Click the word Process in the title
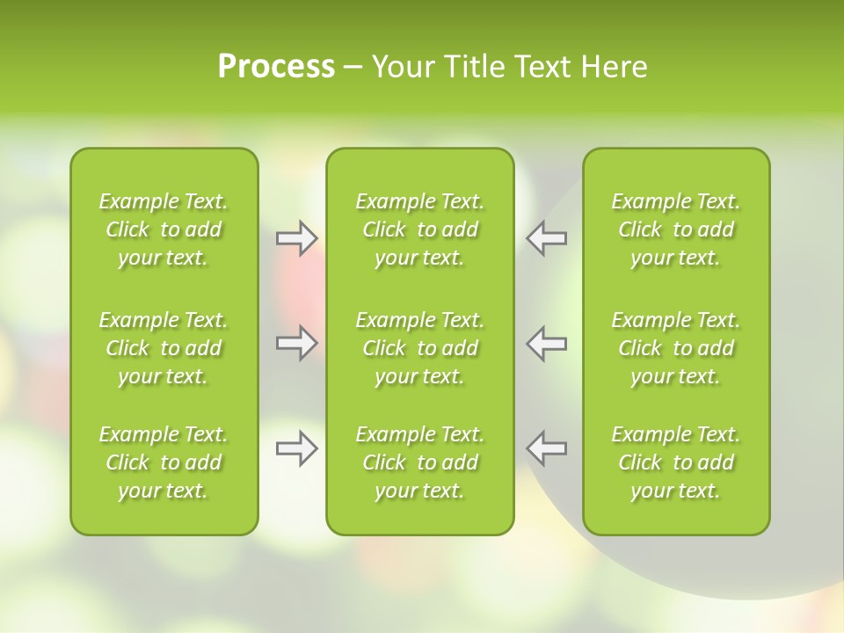(x=276, y=67)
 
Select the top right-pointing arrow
(x=296, y=238)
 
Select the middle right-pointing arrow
(x=296, y=343)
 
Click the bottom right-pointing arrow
(x=296, y=448)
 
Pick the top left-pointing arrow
(x=546, y=238)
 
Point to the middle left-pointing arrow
(x=546, y=343)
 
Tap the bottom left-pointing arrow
(x=546, y=448)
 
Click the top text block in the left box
(x=164, y=229)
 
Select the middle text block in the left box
(x=164, y=348)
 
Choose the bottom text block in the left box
(x=164, y=462)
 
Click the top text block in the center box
(x=420, y=229)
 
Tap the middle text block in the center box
(x=420, y=348)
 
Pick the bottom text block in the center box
(x=420, y=462)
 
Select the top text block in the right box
(x=676, y=229)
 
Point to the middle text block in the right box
(x=676, y=348)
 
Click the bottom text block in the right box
(x=676, y=462)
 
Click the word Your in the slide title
(x=403, y=67)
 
